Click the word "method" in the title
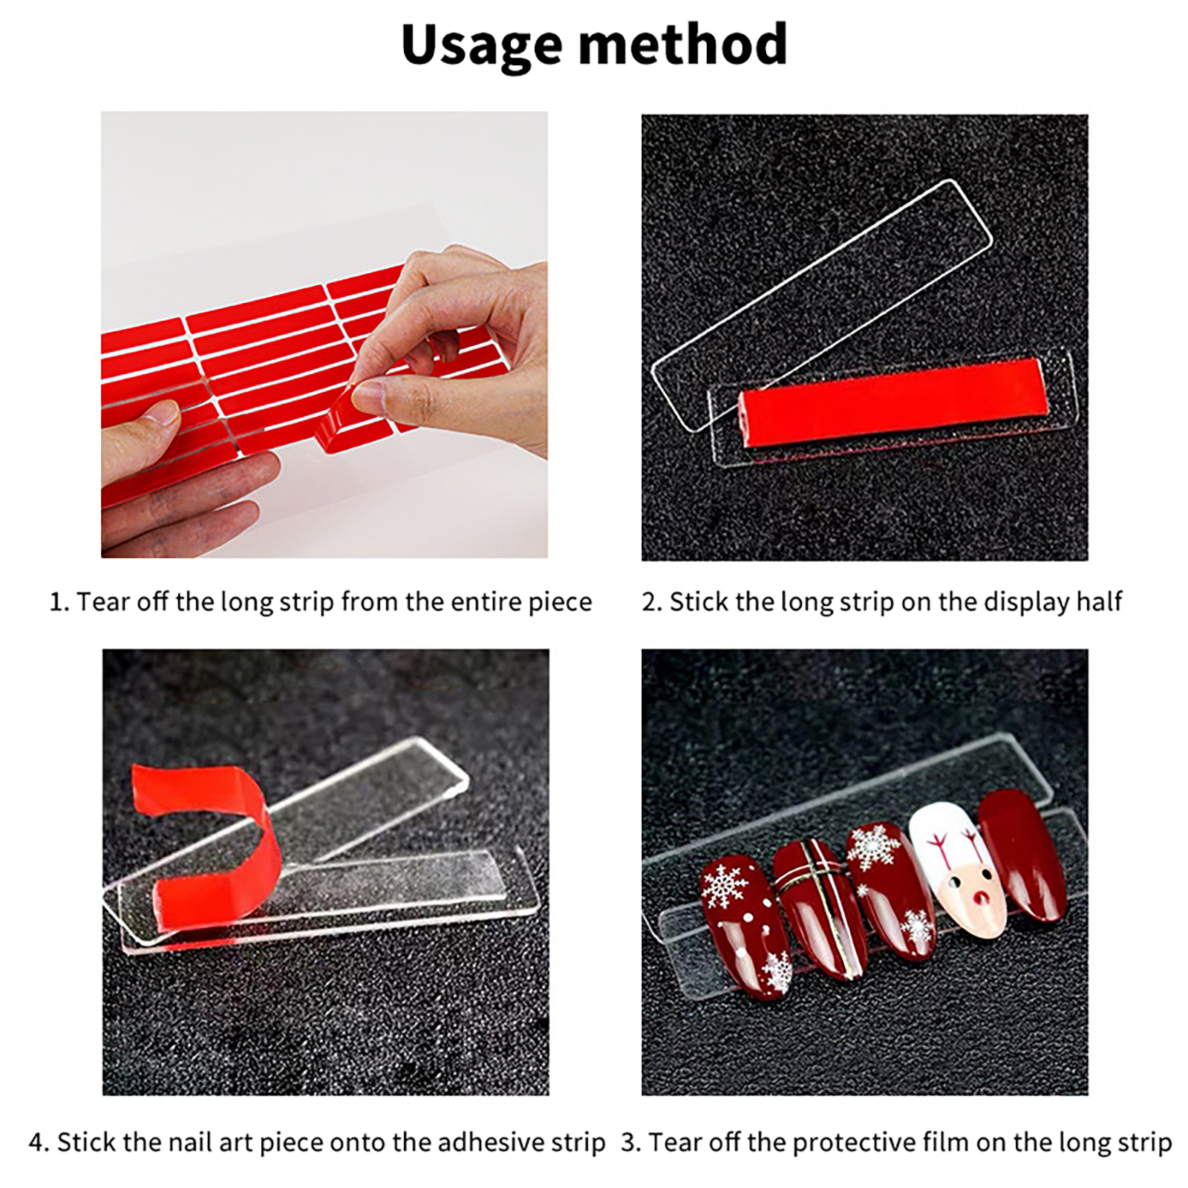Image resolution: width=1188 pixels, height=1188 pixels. [683, 45]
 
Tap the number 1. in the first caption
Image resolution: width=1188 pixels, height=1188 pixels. [59, 602]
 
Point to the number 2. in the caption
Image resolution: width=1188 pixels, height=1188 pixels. [652, 602]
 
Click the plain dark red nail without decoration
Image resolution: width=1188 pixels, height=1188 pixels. [1023, 855]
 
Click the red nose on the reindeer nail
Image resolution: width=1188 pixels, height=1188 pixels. [982, 901]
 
